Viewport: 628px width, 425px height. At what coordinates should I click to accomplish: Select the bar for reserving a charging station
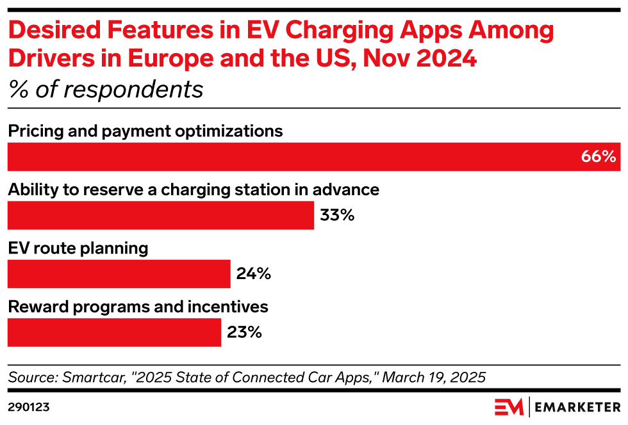[160, 215]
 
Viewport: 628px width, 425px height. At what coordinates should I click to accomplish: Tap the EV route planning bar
[119, 274]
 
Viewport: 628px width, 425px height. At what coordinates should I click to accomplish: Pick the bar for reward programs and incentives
[114, 332]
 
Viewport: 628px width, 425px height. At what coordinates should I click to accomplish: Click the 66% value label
[598, 157]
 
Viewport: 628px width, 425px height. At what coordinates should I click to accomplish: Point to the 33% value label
[337, 215]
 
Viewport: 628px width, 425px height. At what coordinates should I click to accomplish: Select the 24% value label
[254, 274]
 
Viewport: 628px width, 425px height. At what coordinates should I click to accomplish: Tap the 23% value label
[244, 332]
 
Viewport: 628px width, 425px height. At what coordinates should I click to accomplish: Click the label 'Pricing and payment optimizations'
[145, 131]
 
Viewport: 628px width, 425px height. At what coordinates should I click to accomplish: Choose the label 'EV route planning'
[78, 248]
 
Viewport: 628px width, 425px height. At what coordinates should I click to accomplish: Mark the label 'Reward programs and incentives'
[138, 307]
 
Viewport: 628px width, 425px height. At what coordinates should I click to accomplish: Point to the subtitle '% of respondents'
[106, 90]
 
